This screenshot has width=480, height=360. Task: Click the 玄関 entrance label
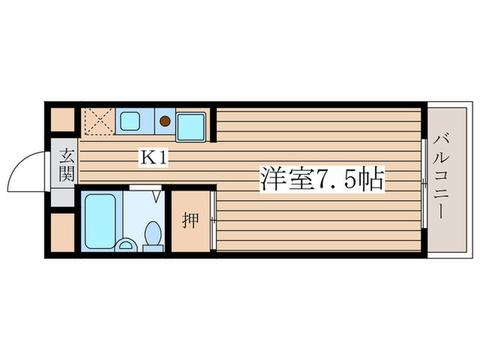pyautogui.click(x=65, y=165)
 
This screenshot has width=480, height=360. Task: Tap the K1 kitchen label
pyautogui.click(x=154, y=158)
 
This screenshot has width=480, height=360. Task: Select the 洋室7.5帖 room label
pyautogui.click(x=320, y=179)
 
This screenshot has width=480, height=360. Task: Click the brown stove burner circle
pyautogui.click(x=165, y=122)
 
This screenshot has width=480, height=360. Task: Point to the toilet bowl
pyautogui.click(x=152, y=234)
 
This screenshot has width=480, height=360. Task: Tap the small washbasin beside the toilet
pyautogui.click(x=126, y=244)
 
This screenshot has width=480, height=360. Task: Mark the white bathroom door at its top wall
pyautogui.click(x=145, y=187)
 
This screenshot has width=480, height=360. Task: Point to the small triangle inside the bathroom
pyautogui.click(x=157, y=197)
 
